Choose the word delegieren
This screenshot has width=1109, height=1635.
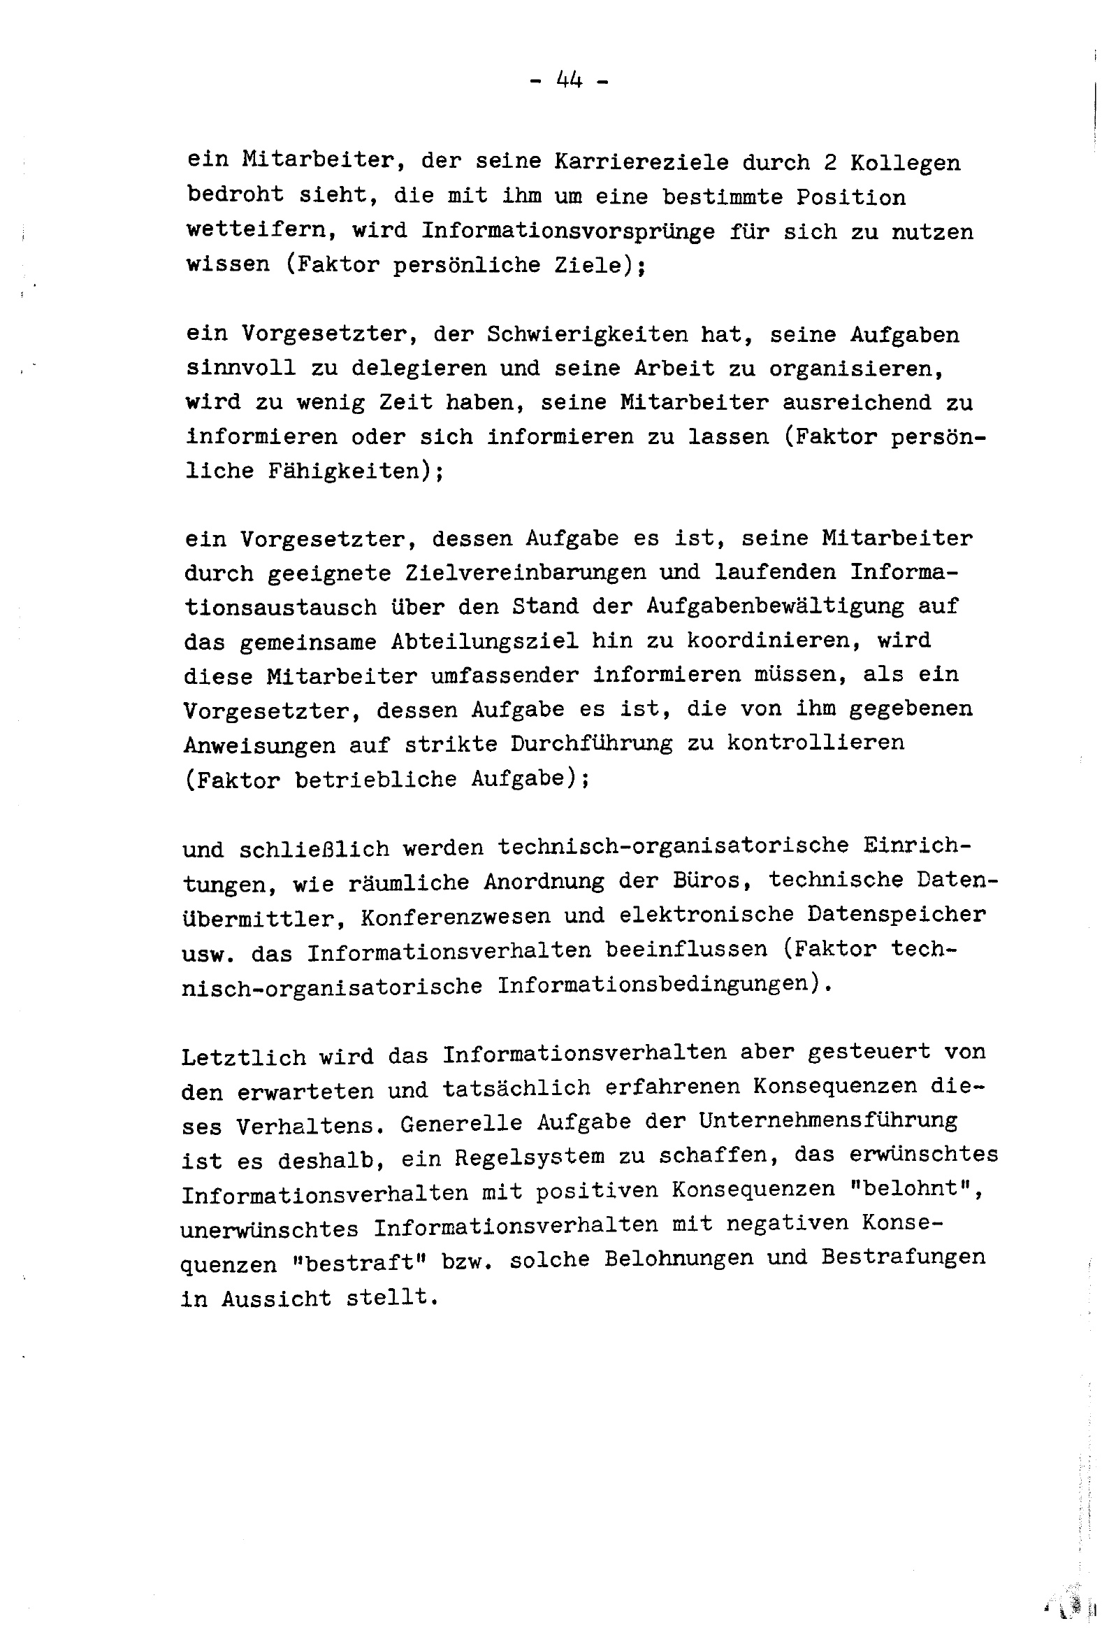[x=418, y=368]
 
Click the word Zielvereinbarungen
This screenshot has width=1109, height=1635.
[x=525, y=573]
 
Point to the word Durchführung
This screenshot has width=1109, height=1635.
[x=591, y=743]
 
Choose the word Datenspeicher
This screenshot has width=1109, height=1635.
[x=896, y=915]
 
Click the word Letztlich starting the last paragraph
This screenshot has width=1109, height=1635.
[x=243, y=1057]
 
